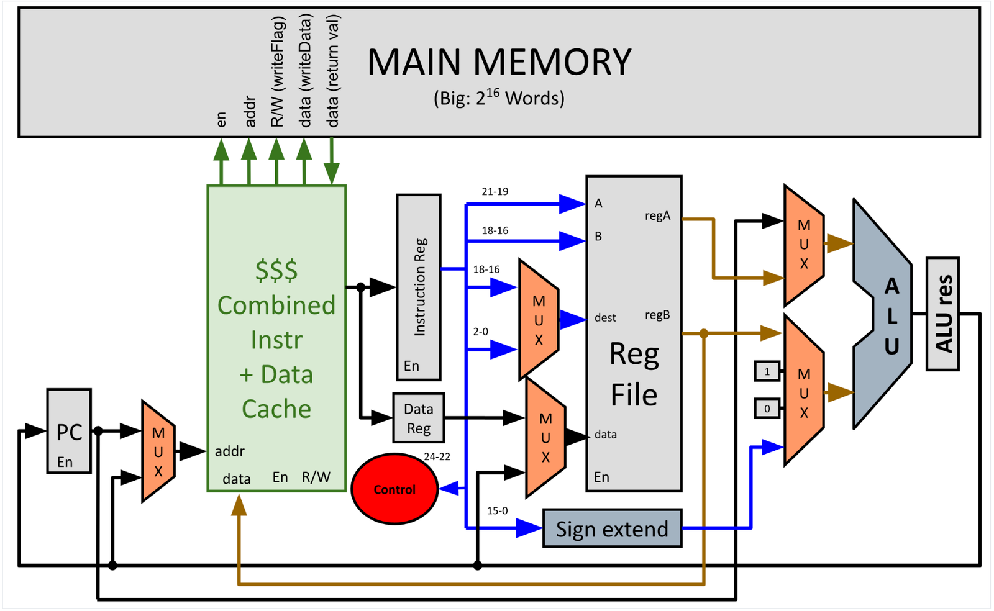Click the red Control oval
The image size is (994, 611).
(x=394, y=489)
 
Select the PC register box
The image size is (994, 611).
(x=69, y=430)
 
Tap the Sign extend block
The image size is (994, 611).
(x=612, y=528)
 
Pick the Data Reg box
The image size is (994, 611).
(x=419, y=418)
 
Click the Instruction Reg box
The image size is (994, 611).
(x=419, y=286)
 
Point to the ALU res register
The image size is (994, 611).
(x=942, y=314)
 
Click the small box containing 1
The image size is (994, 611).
(x=767, y=372)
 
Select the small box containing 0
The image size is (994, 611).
(x=767, y=409)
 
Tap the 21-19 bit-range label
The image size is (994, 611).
(x=495, y=192)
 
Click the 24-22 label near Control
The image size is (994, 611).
(x=437, y=456)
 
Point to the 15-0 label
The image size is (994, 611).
(x=497, y=510)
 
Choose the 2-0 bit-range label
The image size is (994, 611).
(x=481, y=332)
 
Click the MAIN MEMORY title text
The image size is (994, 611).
(x=499, y=62)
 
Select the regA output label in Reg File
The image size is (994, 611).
(x=657, y=216)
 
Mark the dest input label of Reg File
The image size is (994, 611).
(x=605, y=318)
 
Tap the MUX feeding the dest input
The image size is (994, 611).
(x=539, y=320)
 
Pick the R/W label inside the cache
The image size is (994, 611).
(x=316, y=477)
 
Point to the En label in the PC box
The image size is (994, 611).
(x=65, y=462)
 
